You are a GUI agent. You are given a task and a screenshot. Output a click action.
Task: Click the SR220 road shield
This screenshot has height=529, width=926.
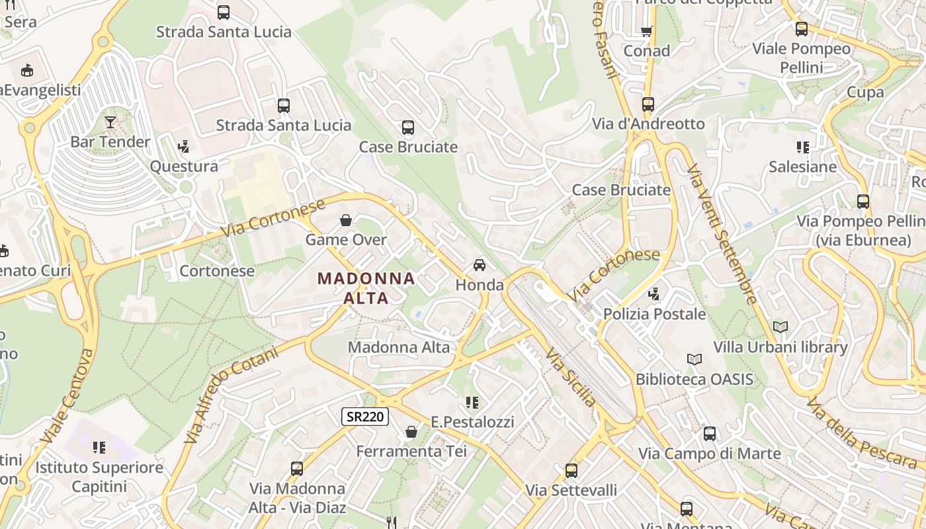pyautogui.click(x=365, y=417)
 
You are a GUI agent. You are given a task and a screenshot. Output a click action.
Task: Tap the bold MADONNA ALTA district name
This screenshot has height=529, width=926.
pyautogui.click(x=366, y=288)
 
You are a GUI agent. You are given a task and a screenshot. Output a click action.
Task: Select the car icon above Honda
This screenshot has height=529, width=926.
pyautogui.click(x=480, y=265)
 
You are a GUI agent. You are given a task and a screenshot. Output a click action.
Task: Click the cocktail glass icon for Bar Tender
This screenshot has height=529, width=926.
pyautogui.click(x=110, y=122)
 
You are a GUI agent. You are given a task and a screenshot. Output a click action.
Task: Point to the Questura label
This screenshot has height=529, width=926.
pyautogui.click(x=184, y=166)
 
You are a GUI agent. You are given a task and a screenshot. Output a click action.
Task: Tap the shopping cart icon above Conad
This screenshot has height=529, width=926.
pyautogui.click(x=647, y=31)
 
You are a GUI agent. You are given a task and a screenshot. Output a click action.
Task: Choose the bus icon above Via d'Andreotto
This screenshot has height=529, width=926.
pyautogui.click(x=648, y=104)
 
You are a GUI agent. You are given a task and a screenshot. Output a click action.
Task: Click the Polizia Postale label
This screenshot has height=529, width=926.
pyautogui.click(x=654, y=313)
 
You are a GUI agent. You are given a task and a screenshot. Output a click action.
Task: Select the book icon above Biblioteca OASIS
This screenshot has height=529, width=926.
pyautogui.click(x=694, y=359)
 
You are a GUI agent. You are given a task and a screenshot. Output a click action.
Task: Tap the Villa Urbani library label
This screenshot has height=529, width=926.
pyautogui.click(x=780, y=347)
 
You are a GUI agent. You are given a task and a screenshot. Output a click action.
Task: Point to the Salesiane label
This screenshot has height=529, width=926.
pyautogui.click(x=802, y=167)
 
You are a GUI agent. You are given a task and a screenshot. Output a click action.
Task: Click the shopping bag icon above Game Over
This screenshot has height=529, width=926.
pyautogui.click(x=345, y=220)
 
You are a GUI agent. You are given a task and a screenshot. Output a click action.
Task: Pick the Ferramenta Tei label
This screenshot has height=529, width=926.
pyautogui.click(x=411, y=452)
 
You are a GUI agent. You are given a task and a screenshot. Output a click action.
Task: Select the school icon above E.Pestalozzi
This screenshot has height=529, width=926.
pyautogui.click(x=472, y=402)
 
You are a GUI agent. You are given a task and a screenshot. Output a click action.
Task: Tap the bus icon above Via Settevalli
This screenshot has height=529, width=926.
pyautogui.click(x=571, y=470)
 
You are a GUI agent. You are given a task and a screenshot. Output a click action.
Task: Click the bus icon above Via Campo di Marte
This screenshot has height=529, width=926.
pyautogui.click(x=710, y=434)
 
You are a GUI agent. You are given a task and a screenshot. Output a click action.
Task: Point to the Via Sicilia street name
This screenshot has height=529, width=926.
pyautogui.click(x=571, y=376)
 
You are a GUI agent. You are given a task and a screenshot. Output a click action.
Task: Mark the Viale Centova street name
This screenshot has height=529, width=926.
pyautogui.click(x=67, y=395)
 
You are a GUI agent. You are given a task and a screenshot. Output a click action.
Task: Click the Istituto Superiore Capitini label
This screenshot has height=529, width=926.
pyautogui.click(x=99, y=477)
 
